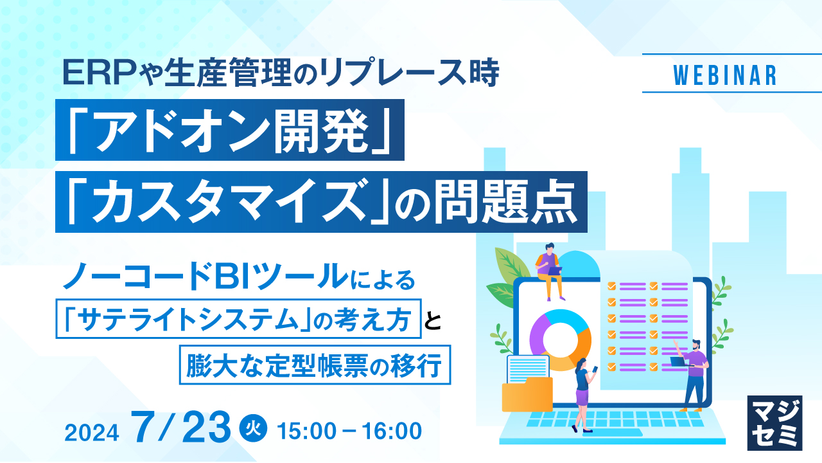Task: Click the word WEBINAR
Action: coord(725,75)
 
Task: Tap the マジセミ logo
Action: coord(774,423)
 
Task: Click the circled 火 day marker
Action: coord(253,428)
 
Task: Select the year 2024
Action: coord(92,433)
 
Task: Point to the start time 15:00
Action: coord(307,431)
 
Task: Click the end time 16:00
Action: coord(392,431)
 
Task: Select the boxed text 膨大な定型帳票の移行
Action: coord(315,365)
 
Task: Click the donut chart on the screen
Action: coord(560,340)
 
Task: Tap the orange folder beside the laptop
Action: coord(527,395)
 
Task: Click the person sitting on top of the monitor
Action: coord(548,271)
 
